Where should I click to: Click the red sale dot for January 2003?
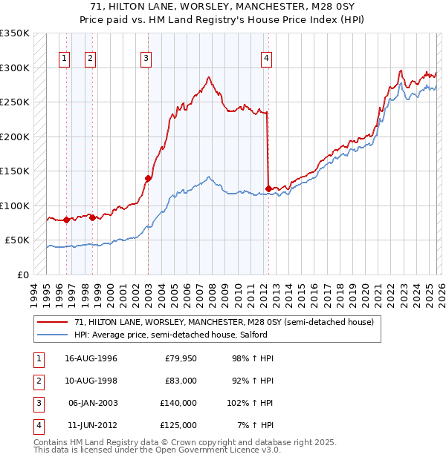(x=148, y=178)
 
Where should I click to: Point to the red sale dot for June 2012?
(x=268, y=188)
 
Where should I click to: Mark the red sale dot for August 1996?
(x=66, y=220)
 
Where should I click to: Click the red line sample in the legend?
(x=53, y=321)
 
